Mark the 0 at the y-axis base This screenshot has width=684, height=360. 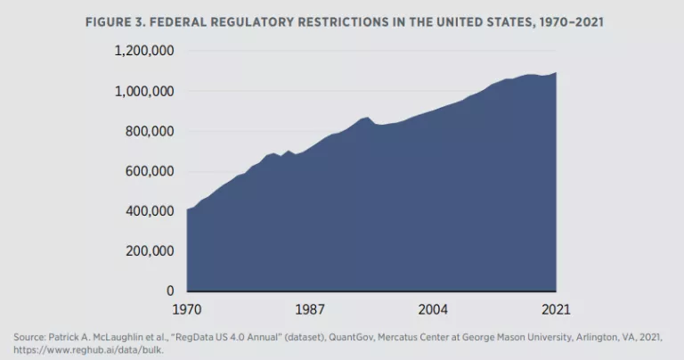169,291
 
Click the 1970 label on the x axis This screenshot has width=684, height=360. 187,309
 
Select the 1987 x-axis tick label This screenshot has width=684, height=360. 310,309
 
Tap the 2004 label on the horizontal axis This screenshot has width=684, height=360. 433,309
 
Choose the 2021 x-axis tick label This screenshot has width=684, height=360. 554,309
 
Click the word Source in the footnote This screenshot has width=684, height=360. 28,337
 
